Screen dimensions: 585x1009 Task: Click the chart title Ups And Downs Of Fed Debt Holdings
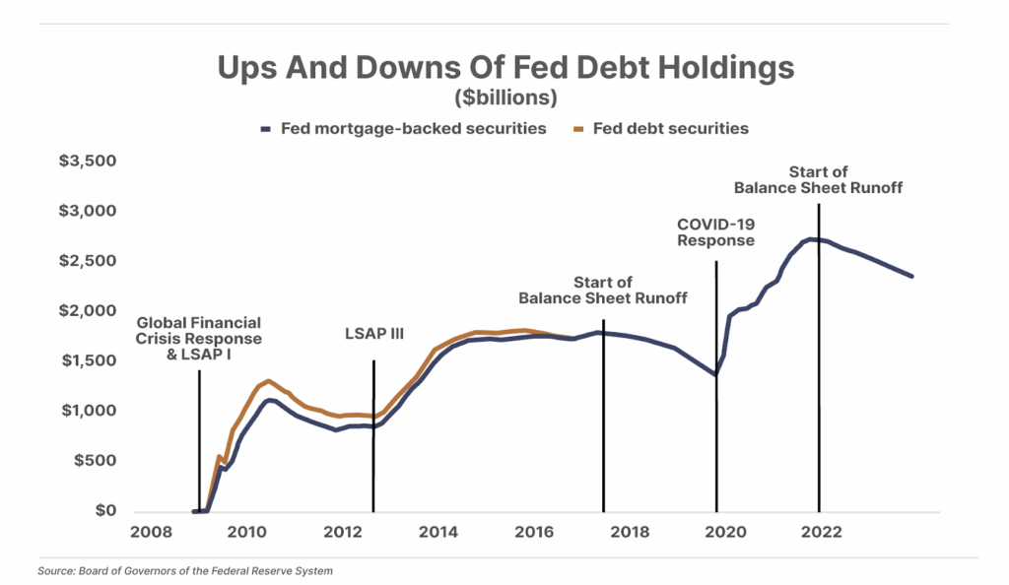[504, 69]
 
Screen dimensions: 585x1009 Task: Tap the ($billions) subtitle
[505, 98]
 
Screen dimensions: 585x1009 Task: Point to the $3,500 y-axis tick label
[88, 161]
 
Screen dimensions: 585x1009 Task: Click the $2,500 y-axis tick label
[88, 261]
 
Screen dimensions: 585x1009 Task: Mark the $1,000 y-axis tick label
[88, 411]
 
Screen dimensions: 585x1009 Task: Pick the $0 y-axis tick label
[105, 511]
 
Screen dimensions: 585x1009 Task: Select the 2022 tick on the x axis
[821, 533]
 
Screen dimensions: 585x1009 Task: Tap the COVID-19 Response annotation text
[715, 232]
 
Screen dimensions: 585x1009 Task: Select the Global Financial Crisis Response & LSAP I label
[199, 338]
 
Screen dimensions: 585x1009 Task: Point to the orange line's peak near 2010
[268, 380]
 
